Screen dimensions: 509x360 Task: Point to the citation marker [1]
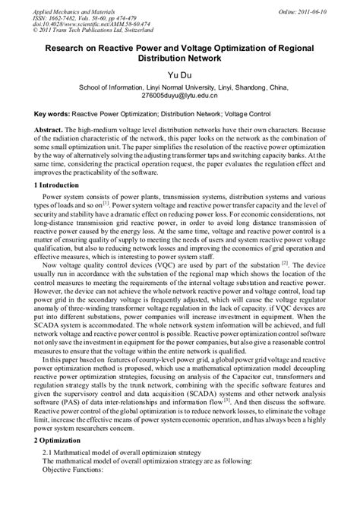coord(107,203)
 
